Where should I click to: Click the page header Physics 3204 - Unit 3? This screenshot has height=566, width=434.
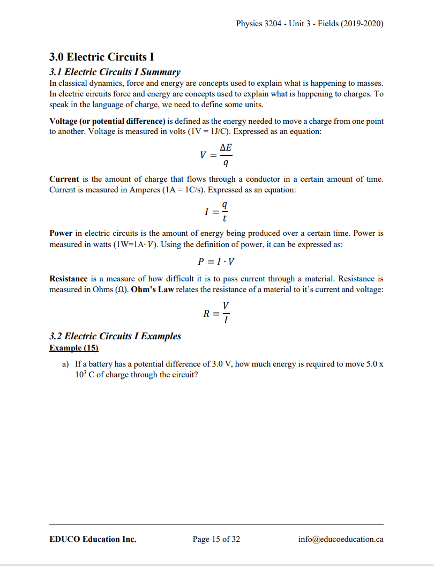[x=309, y=24]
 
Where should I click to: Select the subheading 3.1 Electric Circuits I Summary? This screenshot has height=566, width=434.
[x=115, y=72]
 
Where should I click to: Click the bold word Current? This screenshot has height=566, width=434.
[x=64, y=179]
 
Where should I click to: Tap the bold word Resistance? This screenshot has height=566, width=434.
[x=68, y=279]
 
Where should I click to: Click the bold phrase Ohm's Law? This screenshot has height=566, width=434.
[x=154, y=290]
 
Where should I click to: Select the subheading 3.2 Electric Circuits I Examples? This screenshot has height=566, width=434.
[x=115, y=336]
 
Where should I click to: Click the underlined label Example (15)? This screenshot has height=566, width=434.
[x=74, y=348]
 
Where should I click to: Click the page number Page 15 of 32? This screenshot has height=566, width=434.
[x=216, y=539]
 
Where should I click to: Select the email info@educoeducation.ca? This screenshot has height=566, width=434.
[x=341, y=539]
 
